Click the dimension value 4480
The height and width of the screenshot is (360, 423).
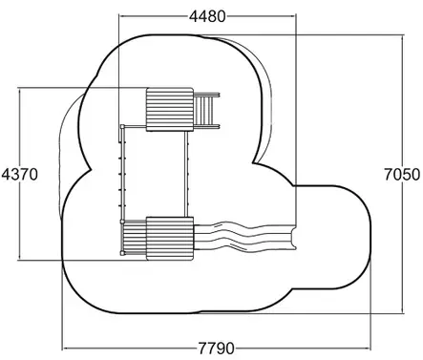[x=207, y=16]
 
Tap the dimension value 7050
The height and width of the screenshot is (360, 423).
[x=402, y=175]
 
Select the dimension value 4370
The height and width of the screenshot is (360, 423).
[x=20, y=175]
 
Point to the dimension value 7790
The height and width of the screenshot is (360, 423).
[x=217, y=349]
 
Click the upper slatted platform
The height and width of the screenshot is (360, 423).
[x=170, y=110]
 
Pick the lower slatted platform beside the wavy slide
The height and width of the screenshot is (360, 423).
[x=170, y=239]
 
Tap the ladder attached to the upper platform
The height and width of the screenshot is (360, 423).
[x=207, y=111]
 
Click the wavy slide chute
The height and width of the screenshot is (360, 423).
[x=245, y=236]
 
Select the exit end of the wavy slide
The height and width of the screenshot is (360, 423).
[x=293, y=237]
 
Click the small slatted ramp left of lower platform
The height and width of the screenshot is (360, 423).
[x=135, y=238]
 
